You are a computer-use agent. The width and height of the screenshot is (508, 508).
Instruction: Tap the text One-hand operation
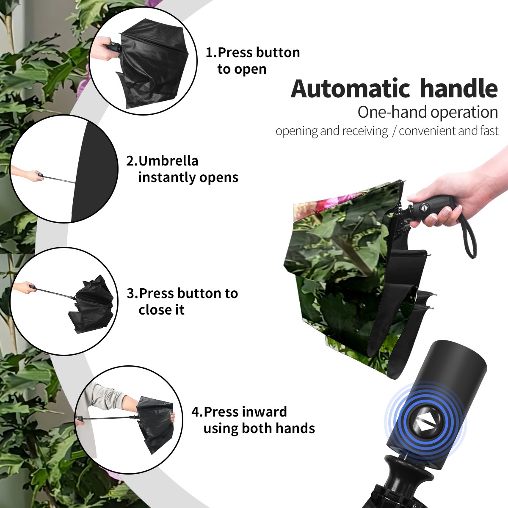click(x=428, y=112)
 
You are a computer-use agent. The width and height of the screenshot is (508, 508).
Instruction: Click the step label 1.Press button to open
click(x=253, y=61)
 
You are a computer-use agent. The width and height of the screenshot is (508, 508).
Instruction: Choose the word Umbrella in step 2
click(x=168, y=161)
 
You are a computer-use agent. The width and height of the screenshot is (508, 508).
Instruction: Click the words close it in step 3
click(x=161, y=310)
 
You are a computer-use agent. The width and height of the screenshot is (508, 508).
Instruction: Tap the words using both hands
click(x=259, y=428)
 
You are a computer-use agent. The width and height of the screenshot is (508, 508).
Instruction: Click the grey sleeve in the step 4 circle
click(x=104, y=395)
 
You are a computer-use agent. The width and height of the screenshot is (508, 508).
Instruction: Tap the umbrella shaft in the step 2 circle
click(x=59, y=179)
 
